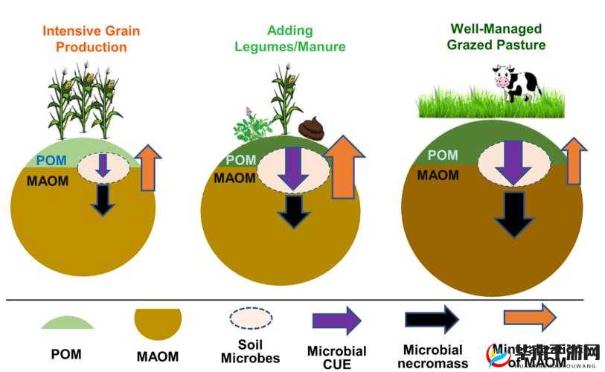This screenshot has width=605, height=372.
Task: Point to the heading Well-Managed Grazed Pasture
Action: (x=496, y=37)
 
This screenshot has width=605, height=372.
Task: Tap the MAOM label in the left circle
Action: (x=48, y=180)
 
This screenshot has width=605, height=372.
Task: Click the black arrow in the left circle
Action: (x=103, y=198)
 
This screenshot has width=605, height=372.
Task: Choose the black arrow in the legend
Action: (x=432, y=319)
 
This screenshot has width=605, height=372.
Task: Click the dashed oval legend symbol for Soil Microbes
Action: (x=251, y=318)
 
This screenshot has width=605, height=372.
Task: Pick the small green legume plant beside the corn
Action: (x=252, y=125)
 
